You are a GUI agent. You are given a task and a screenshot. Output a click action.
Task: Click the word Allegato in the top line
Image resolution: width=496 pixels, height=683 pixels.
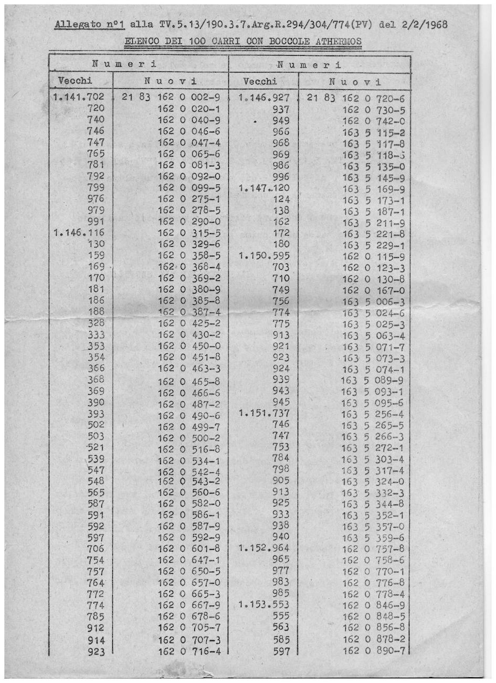tap(75, 25)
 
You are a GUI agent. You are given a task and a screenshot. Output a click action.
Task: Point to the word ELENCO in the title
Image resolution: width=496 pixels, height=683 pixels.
tap(142, 41)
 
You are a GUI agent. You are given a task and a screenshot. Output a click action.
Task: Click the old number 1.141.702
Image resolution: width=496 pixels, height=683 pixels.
tap(79, 97)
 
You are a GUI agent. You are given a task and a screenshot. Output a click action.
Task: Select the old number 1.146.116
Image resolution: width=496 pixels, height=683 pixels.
tap(79, 233)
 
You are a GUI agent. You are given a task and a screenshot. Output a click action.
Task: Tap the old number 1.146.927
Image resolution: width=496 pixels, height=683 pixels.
tap(264, 98)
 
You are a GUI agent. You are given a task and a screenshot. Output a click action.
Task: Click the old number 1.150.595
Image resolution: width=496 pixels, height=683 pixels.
tap(264, 256)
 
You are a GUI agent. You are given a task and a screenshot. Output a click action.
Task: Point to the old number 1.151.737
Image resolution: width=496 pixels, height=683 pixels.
tap(264, 414)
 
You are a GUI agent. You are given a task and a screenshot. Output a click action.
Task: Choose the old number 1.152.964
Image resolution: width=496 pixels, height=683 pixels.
tap(264, 549)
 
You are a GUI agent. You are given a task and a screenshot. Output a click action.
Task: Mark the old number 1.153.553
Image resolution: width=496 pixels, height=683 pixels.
tap(264, 605)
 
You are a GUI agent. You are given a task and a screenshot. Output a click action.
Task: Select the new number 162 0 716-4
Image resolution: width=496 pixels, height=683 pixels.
tap(189, 652)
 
